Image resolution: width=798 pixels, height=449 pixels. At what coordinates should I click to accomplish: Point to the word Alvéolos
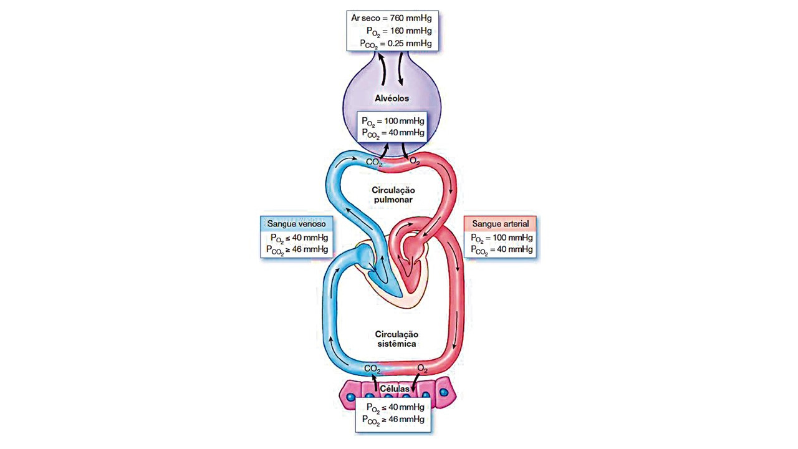[x=392, y=99]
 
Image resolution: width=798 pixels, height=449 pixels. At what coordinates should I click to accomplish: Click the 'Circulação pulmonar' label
[x=393, y=195]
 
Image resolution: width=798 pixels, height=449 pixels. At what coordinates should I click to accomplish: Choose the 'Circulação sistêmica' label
[x=396, y=339]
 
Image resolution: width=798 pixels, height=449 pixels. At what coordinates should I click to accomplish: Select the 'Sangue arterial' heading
[x=500, y=223]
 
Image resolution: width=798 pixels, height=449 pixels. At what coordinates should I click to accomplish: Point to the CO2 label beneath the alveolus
[x=374, y=162]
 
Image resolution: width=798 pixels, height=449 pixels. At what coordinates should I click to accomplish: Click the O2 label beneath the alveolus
[x=415, y=162]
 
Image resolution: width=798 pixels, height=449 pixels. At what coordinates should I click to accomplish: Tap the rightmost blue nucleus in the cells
[x=443, y=393]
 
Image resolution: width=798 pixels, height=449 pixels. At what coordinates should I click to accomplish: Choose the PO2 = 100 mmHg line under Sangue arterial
[x=500, y=238]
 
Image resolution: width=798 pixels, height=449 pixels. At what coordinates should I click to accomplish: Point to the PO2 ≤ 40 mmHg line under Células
[x=393, y=407]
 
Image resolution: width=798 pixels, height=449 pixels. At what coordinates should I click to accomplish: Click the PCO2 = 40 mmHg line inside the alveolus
[x=393, y=133]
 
